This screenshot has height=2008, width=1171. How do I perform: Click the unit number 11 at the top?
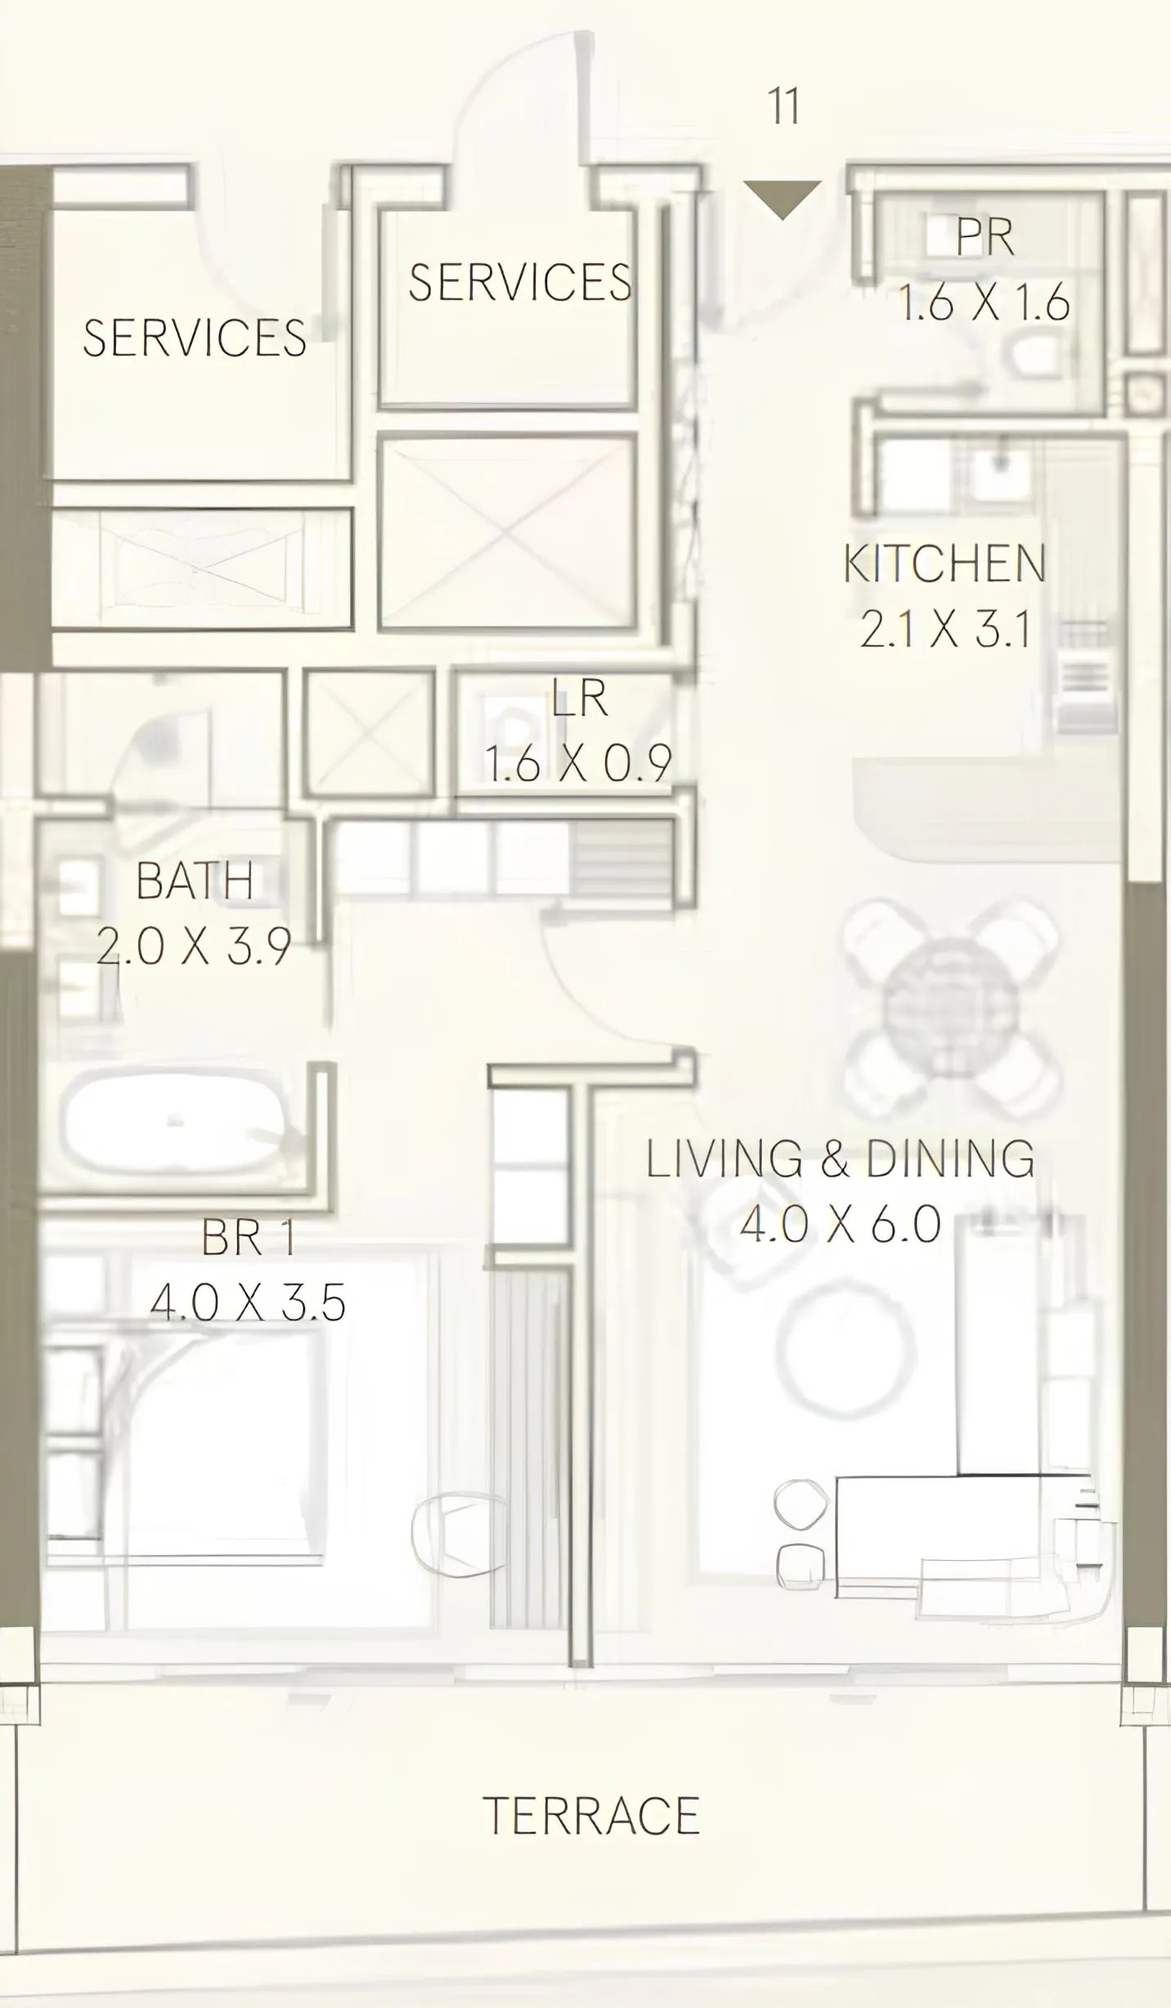click(783, 106)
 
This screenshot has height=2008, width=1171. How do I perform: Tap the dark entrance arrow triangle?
click(782, 197)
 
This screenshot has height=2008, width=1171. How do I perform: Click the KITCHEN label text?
click(944, 564)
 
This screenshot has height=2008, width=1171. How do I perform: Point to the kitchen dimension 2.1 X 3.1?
click(944, 630)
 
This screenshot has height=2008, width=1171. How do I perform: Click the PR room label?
click(985, 237)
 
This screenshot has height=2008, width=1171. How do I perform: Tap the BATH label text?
click(195, 881)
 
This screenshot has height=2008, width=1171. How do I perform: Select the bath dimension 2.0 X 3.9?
click(194, 946)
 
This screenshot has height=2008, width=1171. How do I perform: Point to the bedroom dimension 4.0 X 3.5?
click(247, 1302)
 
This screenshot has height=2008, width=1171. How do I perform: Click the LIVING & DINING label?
click(840, 1159)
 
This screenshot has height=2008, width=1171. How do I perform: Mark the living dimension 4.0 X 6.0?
click(840, 1224)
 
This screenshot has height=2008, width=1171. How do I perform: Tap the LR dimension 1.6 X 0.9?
click(577, 763)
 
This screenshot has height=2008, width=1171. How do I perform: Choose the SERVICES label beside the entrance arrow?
click(520, 282)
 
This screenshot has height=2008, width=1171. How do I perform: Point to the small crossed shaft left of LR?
click(369, 733)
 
